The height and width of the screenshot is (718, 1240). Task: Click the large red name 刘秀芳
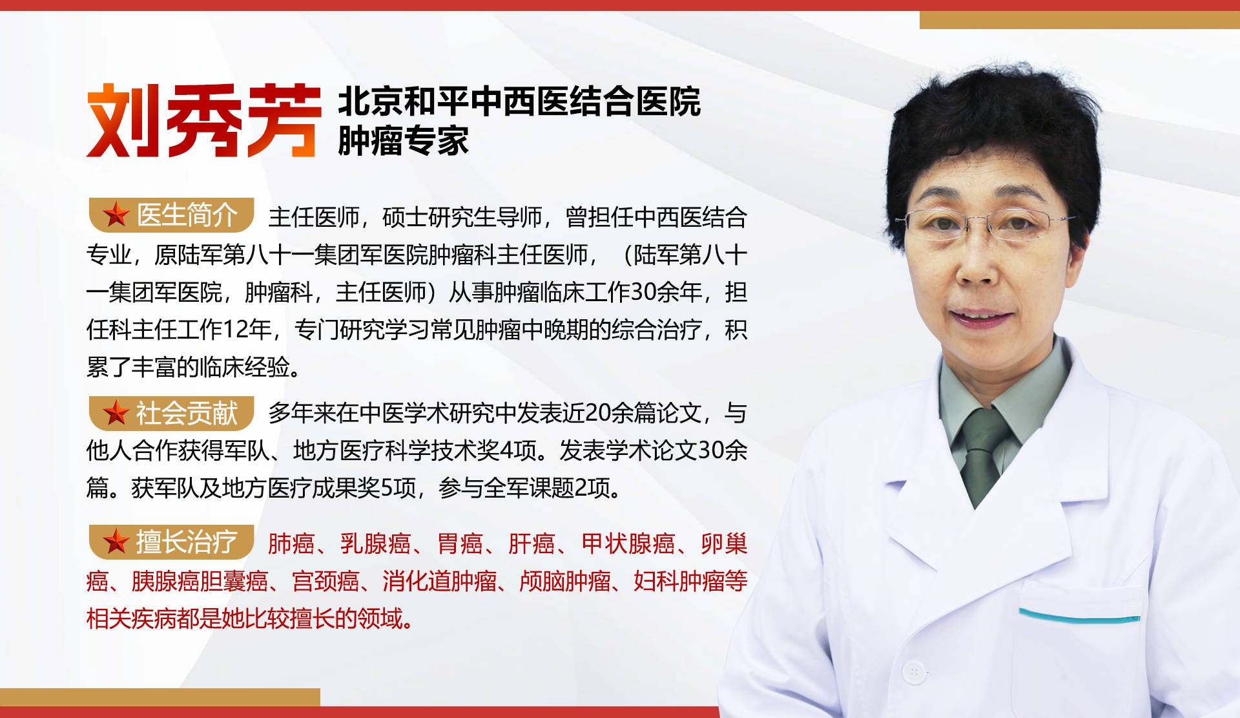pos(204,120)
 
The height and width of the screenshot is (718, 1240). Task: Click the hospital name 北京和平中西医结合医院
pos(519,101)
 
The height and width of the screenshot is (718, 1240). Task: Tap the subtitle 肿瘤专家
pos(403,141)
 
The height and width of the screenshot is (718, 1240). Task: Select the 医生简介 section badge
pos(171,215)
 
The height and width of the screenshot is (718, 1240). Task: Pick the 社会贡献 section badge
pos(171,413)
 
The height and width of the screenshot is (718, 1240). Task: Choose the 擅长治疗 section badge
pos(171,542)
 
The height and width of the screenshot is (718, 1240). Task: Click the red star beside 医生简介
pos(116,215)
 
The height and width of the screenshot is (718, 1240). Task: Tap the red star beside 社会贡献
pos(116,413)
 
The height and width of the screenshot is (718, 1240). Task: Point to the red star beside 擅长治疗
pos(116,542)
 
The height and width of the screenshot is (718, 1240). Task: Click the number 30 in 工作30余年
pos(643,292)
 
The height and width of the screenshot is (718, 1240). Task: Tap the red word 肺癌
pos(291,544)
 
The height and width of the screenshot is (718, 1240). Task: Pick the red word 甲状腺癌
pos(628,544)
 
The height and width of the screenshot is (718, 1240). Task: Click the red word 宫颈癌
pos(325,581)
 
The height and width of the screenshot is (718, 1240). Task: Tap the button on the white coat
pos(914,672)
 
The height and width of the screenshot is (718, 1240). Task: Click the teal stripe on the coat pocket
pos(1079,615)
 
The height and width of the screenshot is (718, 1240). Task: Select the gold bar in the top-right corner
pos(1079,20)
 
